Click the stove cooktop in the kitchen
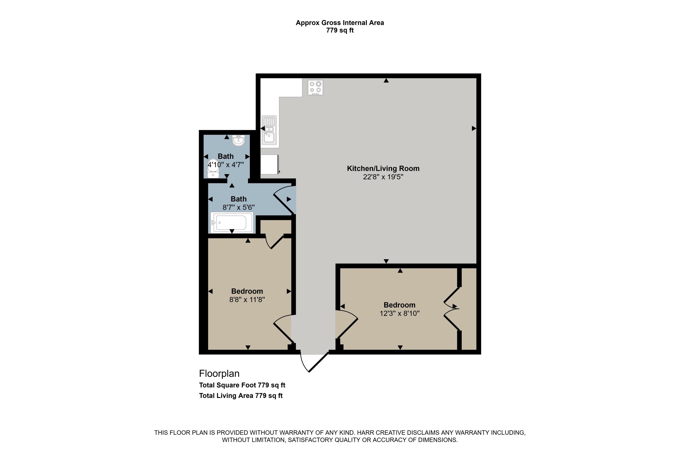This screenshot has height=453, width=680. (x=315, y=87)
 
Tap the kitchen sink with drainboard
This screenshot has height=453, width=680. (x=269, y=130)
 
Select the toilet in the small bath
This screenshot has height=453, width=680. (x=213, y=169)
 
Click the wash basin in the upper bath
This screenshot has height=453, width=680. (x=238, y=141)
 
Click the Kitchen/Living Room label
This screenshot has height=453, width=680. (x=383, y=169)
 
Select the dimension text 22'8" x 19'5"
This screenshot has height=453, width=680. (x=383, y=177)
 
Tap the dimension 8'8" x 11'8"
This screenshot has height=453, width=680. (x=247, y=300)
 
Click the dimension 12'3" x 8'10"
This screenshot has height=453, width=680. (x=400, y=313)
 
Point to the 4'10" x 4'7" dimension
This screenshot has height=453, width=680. (x=226, y=165)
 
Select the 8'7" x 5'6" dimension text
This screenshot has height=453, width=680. (x=238, y=207)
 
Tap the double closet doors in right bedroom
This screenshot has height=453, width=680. (x=452, y=308)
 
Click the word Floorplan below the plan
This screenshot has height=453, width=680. (x=219, y=373)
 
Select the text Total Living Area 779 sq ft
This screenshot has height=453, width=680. (x=241, y=396)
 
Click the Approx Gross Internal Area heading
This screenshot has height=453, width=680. (x=340, y=23)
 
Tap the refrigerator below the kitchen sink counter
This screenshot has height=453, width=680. (x=270, y=164)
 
